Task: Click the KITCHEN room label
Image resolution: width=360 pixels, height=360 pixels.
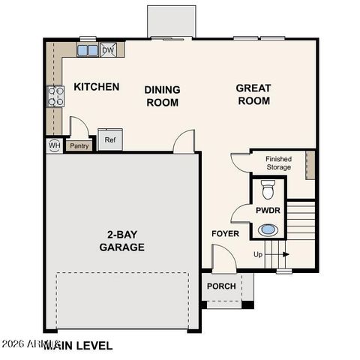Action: (96, 87)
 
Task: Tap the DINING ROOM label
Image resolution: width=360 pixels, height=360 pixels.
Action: (162, 96)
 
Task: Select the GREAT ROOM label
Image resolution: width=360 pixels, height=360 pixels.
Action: (253, 94)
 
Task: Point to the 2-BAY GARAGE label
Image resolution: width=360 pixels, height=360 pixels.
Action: (121, 241)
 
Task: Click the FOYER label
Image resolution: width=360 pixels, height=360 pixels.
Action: (225, 233)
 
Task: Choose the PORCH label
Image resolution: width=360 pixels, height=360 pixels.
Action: (221, 286)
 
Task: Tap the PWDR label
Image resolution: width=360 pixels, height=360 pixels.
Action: (268, 211)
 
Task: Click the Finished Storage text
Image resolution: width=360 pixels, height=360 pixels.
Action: (278, 163)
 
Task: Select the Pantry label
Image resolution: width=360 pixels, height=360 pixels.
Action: (80, 145)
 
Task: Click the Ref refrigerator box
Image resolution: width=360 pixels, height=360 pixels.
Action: (110, 139)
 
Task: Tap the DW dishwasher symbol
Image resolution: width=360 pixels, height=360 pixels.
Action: (109, 50)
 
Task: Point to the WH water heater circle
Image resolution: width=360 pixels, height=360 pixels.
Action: (55, 145)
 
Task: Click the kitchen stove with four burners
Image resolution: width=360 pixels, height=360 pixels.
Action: (55, 95)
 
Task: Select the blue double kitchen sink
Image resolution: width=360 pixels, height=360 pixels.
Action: (87, 50)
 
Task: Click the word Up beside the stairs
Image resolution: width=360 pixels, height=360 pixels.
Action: (258, 255)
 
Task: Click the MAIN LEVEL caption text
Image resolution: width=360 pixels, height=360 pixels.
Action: (79, 346)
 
